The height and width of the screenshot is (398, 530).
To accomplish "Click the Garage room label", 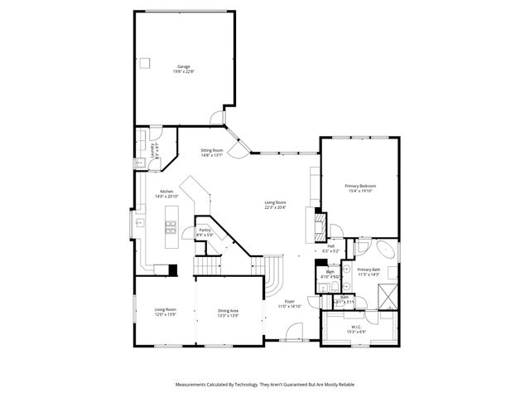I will tap(183, 69).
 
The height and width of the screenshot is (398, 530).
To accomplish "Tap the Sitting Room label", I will tap(212, 153).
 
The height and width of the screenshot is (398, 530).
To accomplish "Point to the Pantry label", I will tap(205, 231).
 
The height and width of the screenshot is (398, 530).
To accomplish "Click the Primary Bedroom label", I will tap(360, 188).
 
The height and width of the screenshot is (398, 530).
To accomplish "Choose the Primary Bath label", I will tap(369, 272).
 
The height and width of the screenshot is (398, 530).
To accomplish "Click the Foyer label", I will tap(290, 303).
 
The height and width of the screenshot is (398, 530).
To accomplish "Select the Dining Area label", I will tap(228, 313).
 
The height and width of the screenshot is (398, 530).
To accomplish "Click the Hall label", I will tap(330, 248).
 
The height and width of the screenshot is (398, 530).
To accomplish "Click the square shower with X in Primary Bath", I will tap(384, 296).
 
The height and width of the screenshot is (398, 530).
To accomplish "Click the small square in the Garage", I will tap(145, 62).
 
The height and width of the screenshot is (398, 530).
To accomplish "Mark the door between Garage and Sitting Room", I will tap(217, 119).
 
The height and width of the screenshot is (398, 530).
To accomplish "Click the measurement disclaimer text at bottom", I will tap(264, 386).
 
